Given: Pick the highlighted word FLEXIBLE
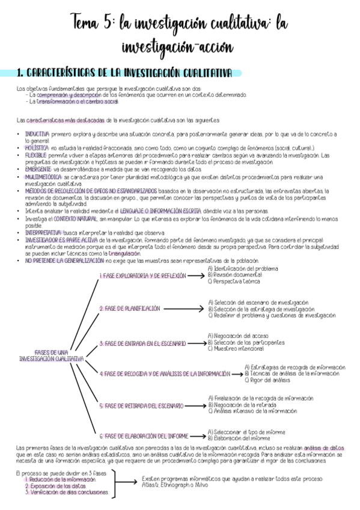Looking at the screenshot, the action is pos(35,155).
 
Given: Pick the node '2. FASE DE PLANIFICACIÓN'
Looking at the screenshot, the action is pos(130,308).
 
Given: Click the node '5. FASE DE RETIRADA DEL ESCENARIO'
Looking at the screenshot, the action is pos(141,406).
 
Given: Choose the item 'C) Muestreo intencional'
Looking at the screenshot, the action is pos(236,348).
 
